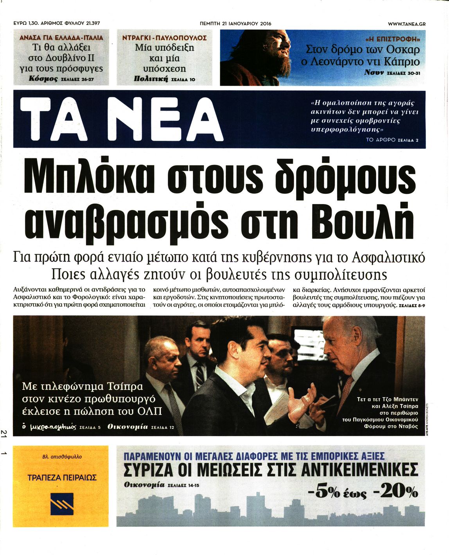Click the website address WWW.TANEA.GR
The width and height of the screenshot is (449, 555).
click(x=406, y=24)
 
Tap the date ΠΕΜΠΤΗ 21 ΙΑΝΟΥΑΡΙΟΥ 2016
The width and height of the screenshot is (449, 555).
click(x=235, y=23)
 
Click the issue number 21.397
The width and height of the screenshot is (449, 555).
click(x=91, y=23)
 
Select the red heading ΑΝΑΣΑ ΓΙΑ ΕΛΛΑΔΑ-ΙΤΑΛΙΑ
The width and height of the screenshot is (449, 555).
click(x=61, y=38)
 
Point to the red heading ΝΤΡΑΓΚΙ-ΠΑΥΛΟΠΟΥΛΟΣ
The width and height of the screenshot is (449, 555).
click(x=164, y=38)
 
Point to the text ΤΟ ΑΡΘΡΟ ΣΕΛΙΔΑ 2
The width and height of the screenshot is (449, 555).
click(x=392, y=140)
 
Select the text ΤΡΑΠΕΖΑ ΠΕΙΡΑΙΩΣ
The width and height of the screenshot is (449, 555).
click(x=62, y=477)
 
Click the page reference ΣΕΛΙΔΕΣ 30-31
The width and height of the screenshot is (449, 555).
click(x=403, y=73)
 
